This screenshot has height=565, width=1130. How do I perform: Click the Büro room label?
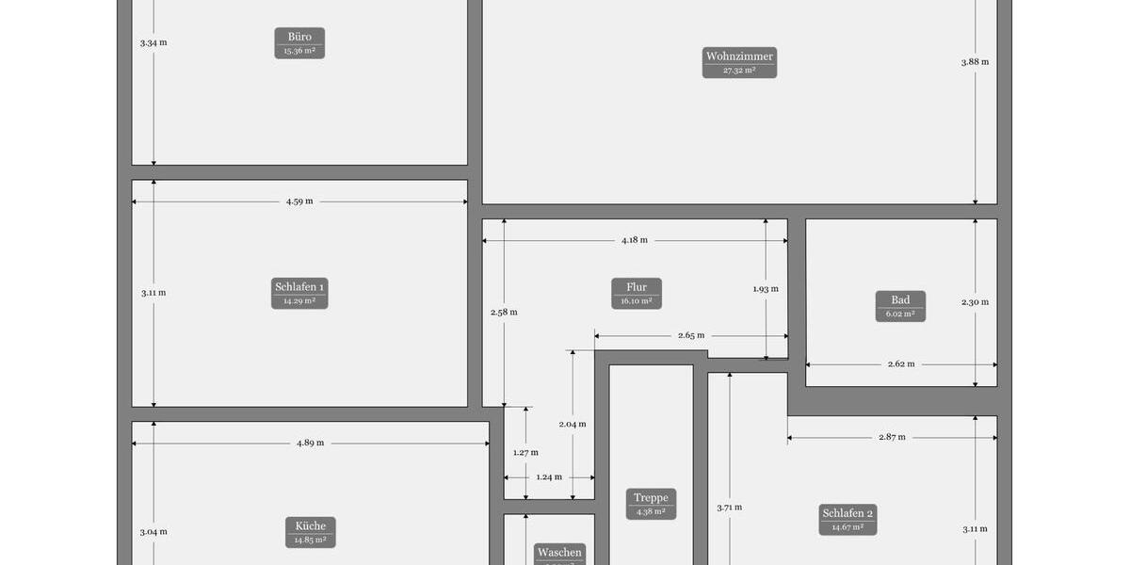[299, 43]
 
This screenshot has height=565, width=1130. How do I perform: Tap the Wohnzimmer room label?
[739, 62]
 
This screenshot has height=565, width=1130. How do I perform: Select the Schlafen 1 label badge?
[299, 293]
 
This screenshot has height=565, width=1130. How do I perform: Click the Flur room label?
[637, 293]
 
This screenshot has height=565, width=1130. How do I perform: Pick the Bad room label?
[900, 306]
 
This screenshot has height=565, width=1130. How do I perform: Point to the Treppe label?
[651, 504]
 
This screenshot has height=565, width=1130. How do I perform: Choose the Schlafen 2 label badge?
[847, 519]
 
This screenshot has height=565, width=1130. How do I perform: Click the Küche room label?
[311, 532]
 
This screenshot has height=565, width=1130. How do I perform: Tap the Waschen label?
[559, 554]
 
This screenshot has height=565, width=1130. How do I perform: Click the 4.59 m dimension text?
[299, 202]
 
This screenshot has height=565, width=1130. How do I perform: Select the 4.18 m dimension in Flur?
[635, 240]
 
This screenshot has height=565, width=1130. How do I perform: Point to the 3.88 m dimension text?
[975, 62]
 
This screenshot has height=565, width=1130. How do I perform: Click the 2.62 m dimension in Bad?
[901, 363]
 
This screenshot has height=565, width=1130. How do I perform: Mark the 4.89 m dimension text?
[310, 443]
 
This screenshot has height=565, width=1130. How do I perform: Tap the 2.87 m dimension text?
[892, 437]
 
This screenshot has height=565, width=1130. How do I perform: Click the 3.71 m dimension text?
[729, 508]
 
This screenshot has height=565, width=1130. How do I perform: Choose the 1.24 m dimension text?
[549, 476]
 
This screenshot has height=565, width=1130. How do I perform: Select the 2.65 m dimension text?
[691, 335]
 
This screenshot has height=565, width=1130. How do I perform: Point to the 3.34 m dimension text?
[153, 43]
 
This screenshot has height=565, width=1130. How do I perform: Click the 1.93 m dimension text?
[766, 289]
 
